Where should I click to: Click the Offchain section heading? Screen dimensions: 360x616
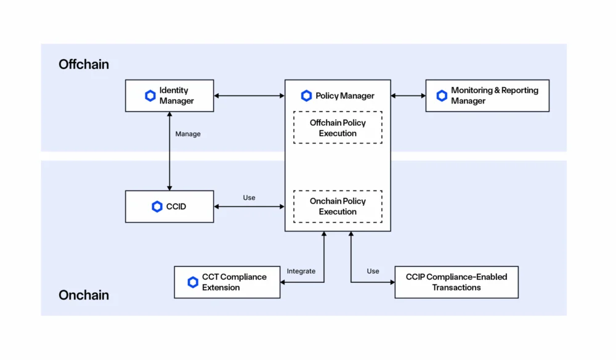tap(84, 64)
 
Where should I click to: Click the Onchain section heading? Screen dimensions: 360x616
tap(84, 295)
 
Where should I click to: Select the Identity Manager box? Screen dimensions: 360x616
tap(169, 96)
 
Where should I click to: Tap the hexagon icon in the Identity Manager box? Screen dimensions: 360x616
tap(150, 96)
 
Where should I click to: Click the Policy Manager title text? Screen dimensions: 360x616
tap(344, 96)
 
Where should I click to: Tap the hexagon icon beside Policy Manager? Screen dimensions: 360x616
tap(306, 96)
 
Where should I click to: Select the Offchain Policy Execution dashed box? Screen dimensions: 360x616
tap(338, 128)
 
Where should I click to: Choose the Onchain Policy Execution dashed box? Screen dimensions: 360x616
tap(338, 207)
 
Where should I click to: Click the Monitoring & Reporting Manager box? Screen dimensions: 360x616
tap(487, 96)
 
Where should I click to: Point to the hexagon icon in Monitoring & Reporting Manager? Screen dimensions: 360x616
tap(442, 96)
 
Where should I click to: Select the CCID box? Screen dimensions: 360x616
tap(169, 207)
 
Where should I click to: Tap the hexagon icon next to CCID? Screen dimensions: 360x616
tap(157, 207)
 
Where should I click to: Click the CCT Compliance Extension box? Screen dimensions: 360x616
tap(227, 282)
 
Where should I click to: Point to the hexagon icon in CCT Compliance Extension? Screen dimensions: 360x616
tap(193, 282)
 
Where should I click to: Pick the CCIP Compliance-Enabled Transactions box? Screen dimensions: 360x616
tap(456, 282)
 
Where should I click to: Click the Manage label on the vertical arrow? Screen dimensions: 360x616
tap(188, 134)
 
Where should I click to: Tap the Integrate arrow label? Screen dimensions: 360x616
tap(301, 271)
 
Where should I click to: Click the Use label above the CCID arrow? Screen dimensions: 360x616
tap(249, 198)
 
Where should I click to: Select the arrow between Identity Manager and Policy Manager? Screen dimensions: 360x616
tap(249, 96)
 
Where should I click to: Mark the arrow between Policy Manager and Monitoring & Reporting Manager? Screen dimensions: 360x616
tap(408, 96)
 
